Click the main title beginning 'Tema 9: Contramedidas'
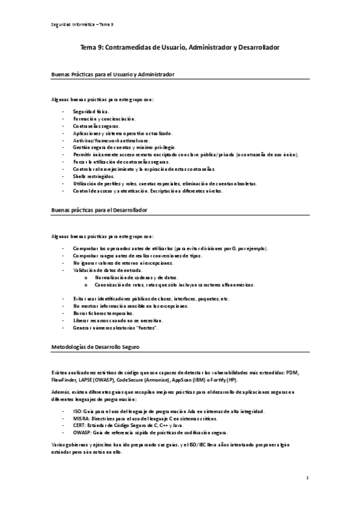[x=180, y=46]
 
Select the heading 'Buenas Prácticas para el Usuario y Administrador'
[x=113, y=75]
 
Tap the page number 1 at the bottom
[x=307, y=478]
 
